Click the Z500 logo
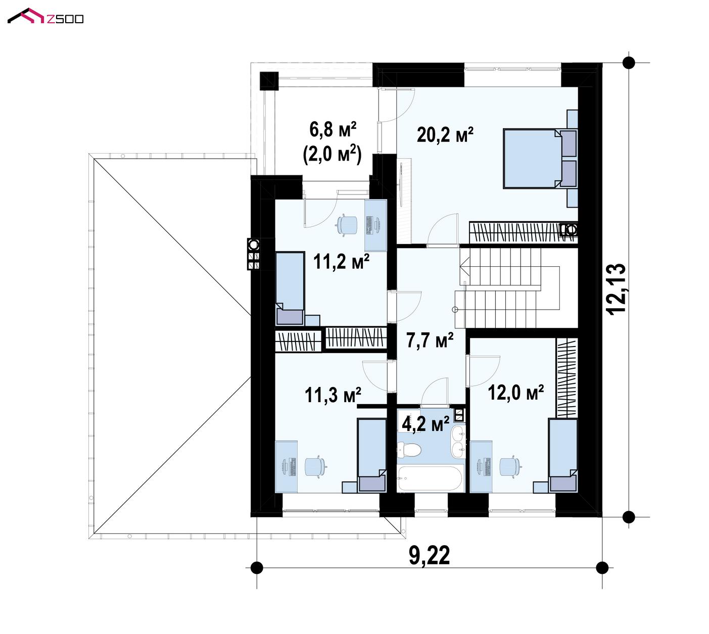coord(45,17)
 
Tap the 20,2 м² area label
coord(445,134)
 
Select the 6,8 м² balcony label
coord(333,130)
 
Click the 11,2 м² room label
coord(341,262)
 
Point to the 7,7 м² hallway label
coord(430,340)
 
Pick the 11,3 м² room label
coord(333,395)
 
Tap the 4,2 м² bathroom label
coord(426,424)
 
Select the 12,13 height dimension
coord(618,289)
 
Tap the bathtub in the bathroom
coord(431,478)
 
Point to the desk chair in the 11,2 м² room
coord(347,224)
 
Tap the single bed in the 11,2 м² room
coord(290,288)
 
